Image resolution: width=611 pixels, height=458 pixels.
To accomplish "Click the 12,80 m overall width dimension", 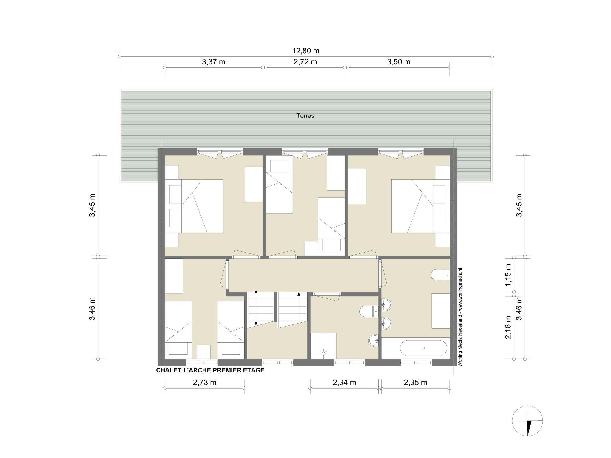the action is (305, 51).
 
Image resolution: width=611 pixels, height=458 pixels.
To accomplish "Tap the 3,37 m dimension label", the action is (213, 62).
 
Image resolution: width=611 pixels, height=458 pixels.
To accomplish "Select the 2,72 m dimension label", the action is (305, 62).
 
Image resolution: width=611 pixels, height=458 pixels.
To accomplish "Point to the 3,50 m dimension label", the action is (399, 62).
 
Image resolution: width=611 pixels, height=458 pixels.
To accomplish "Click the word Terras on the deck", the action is (305, 115).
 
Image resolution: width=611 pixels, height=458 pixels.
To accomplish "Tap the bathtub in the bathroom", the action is (423, 348).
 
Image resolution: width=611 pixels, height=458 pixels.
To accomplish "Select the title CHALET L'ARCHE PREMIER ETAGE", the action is (210, 370).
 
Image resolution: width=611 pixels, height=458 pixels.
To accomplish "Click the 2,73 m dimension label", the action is (205, 383).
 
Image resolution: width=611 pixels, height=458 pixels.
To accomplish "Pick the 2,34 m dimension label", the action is (344, 383).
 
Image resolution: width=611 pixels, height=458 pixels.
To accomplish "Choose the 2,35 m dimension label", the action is (415, 383).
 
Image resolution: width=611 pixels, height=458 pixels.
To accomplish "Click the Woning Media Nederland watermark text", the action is (461, 317).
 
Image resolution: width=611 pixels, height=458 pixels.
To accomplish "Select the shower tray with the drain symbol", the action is (323, 346).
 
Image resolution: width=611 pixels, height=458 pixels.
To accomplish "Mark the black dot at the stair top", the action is (256, 292).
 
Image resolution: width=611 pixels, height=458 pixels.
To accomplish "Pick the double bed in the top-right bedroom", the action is (420, 206).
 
